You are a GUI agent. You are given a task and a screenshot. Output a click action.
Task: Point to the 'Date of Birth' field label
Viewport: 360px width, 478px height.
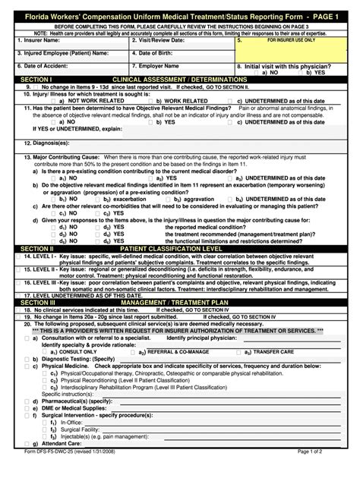pos(159,53)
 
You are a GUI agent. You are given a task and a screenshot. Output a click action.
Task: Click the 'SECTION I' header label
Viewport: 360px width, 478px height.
pos(35,79)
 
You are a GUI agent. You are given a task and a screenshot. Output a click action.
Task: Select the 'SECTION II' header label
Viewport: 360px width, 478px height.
pos(36,247)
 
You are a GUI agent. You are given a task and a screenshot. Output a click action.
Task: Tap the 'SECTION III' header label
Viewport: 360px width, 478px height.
pos(37,302)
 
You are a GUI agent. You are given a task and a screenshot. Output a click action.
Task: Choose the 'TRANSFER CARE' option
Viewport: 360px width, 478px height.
pos(273,352)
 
